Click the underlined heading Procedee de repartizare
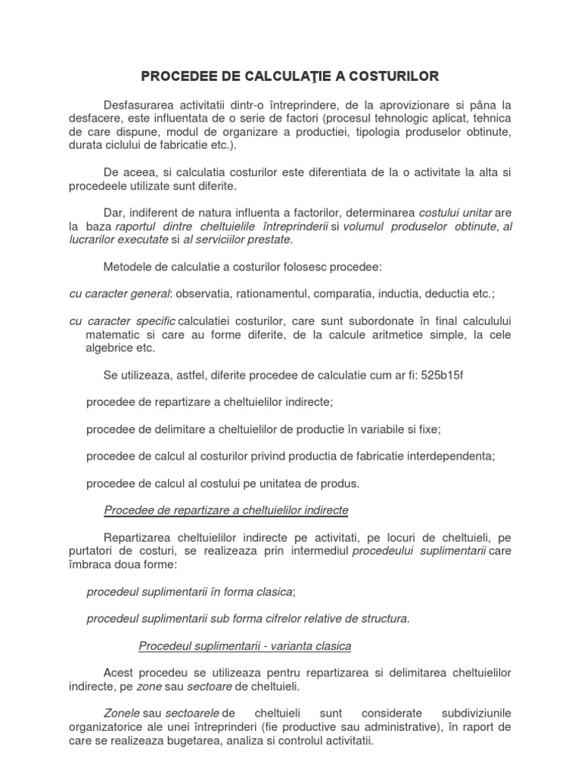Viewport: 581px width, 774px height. [x=225, y=510]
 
